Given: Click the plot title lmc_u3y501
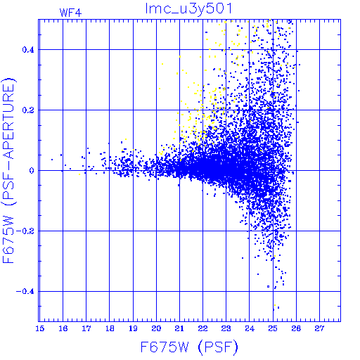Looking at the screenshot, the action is click(x=188, y=9).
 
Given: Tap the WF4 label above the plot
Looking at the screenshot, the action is click(x=70, y=13).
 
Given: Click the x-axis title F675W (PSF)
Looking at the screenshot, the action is click(x=189, y=347).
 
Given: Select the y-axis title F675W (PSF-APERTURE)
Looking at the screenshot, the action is click(x=9, y=170).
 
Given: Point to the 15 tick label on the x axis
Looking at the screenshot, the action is click(x=40, y=328).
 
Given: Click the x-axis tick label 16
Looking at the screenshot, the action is click(x=63, y=328).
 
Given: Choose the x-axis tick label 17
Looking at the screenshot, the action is click(x=86, y=328).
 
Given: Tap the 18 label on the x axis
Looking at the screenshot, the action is click(x=110, y=328).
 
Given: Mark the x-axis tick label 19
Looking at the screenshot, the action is click(x=133, y=328).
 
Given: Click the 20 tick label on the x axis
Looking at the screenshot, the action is click(x=156, y=328).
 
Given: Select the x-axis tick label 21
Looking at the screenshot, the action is click(x=179, y=328).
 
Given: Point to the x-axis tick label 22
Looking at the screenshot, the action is click(x=203, y=328).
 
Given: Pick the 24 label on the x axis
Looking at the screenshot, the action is click(x=250, y=328).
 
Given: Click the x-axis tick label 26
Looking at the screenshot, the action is click(x=296, y=328).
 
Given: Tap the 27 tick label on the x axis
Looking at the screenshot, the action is click(x=319, y=328).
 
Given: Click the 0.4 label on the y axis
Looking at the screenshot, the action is click(x=28, y=50).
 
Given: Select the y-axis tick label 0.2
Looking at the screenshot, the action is click(x=28, y=110).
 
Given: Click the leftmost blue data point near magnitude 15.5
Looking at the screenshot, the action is click(x=52, y=160).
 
